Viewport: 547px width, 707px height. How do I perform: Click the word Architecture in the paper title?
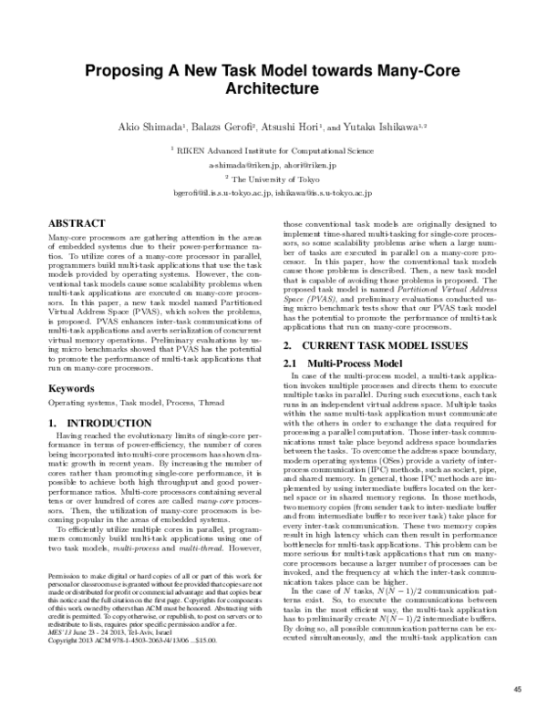[273, 90]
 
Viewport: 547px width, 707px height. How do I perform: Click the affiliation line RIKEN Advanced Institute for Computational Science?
[276, 151]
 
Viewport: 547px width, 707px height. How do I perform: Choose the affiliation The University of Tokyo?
[277, 179]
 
